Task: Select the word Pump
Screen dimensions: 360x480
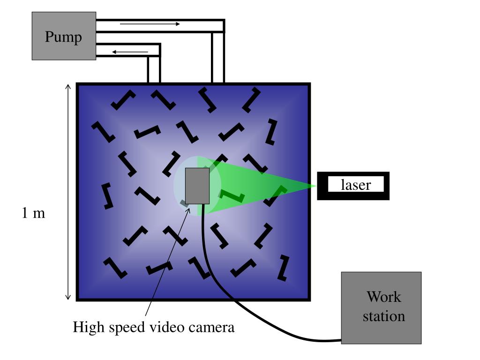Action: [63, 37]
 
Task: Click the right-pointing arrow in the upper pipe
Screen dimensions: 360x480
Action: [150, 24]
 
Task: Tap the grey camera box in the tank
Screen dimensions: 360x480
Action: [197, 186]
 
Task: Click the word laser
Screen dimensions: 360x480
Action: [355, 185]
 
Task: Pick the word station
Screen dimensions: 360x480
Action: [383, 316]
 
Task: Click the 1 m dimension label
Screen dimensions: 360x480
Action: [34, 213]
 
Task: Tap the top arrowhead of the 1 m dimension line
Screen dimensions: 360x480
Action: [68, 87]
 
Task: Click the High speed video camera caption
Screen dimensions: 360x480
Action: [153, 327]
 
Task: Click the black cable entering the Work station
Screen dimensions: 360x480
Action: [328, 339]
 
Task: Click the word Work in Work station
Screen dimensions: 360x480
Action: [383, 297]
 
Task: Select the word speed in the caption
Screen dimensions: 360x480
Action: [127, 327]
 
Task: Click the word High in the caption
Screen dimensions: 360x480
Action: [89, 327]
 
